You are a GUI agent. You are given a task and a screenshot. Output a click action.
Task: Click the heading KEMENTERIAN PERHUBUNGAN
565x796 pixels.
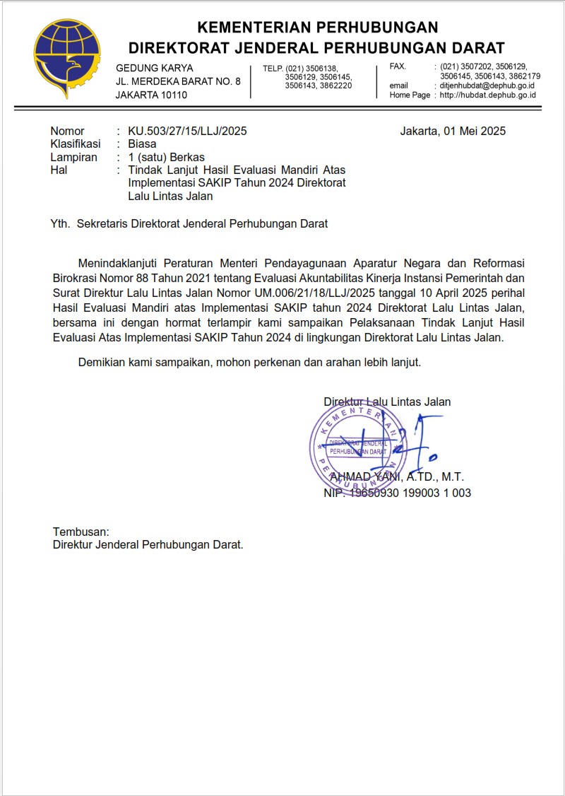[x=318, y=28]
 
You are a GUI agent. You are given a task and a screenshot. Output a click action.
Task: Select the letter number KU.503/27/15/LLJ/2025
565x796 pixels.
[x=187, y=131]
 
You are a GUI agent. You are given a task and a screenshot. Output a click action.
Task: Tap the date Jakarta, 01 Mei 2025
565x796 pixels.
[x=453, y=131]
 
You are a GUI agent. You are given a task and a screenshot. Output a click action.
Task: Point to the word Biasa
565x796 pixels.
[x=142, y=144]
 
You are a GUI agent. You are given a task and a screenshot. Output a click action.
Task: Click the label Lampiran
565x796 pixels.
[x=73, y=158]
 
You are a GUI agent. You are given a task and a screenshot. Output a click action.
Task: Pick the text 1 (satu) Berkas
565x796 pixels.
[x=166, y=158]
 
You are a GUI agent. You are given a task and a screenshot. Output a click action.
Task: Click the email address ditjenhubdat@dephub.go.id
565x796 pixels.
[x=487, y=86]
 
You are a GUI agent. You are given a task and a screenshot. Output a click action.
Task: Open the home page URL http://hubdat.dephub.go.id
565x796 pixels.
[x=487, y=95]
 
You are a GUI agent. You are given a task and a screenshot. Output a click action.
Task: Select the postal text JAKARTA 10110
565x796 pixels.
[x=151, y=95]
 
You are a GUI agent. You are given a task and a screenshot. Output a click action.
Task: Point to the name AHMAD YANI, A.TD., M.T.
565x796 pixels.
[x=397, y=477]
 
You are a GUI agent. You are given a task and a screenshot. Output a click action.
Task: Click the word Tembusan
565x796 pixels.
[x=81, y=531]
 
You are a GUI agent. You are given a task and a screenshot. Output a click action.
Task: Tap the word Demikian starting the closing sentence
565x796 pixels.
[x=103, y=363]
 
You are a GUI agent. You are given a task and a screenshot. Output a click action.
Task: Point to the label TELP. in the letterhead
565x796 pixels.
[x=273, y=68]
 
